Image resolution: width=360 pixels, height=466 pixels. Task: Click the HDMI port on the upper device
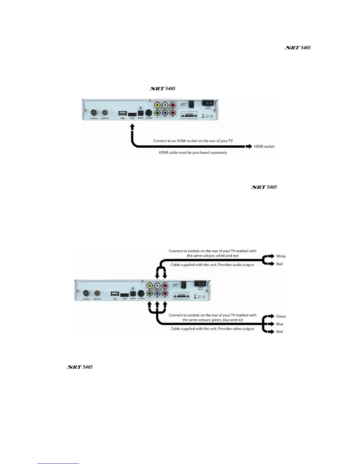pyautogui.click(x=132, y=113)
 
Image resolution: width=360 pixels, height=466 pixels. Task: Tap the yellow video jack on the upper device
pyautogui.click(x=158, y=105)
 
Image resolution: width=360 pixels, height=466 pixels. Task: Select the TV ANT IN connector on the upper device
pyautogui.click(x=94, y=113)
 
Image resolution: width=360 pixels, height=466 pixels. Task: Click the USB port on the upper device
pyautogui.click(x=122, y=113)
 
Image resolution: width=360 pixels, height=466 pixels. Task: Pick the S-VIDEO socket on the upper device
pyautogui.click(x=149, y=113)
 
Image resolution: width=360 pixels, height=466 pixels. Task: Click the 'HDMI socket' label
pyautogui.click(x=264, y=147)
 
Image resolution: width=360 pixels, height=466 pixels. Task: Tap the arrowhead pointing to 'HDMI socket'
pyautogui.click(x=249, y=147)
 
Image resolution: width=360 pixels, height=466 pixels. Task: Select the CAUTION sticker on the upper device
pyautogui.click(x=189, y=115)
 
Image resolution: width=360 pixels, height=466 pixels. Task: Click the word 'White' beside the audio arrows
pyautogui.click(x=281, y=256)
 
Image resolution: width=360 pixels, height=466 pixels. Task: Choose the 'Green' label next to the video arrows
pyautogui.click(x=281, y=316)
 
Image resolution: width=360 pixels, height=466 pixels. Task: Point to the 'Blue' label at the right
pyautogui.click(x=280, y=324)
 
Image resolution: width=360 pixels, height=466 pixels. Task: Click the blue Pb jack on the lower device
pyautogui.click(x=157, y=293)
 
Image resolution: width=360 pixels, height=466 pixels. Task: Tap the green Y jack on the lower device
pyautogui.click(x=150, y=293)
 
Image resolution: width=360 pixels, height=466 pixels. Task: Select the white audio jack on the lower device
pyautogui.click(x=157, y=286)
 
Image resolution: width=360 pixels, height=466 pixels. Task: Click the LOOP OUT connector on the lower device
pyautogui.click(x=97, y=293)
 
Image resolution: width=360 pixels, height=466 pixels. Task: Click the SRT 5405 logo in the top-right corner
pyautogui.click(x=298, y=48)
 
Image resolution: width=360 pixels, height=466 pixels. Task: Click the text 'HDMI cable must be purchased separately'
pyautogui.click(x=193, y=153)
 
